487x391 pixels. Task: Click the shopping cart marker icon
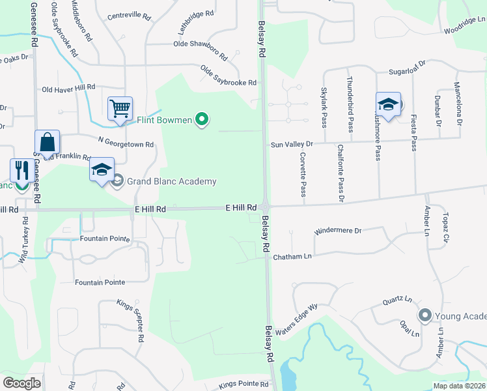120,109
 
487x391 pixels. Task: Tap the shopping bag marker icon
48,141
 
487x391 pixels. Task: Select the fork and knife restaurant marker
21,171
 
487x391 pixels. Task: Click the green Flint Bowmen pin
202,119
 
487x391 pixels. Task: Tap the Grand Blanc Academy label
171,181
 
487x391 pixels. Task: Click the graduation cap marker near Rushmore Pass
388,104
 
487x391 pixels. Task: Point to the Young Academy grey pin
425,316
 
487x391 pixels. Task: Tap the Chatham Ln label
292,257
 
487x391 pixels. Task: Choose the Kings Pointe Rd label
240,384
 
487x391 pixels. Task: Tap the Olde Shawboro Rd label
200,44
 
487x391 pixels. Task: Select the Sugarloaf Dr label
406,64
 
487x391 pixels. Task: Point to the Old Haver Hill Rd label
68,88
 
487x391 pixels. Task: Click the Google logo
21,383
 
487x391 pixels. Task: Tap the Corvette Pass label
303,175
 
